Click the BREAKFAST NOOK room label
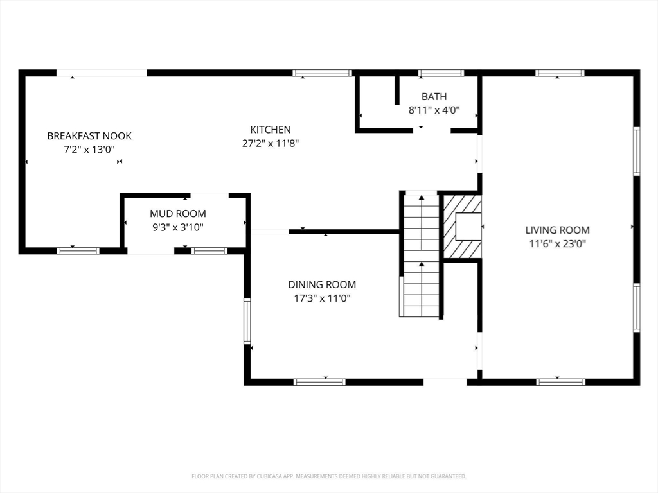[89, 136]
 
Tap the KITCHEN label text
[271, 130]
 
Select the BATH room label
[434, 96]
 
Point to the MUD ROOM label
[178, 213]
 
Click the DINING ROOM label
[322, 284]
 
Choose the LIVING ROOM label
[557, 230]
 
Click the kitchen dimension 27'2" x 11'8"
[271, 143]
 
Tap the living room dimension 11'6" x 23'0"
[557, 243]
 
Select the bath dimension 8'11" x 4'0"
[434, 110]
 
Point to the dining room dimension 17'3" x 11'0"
[322, 298]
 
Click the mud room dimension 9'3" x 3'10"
[178, 227]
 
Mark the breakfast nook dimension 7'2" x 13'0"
[89, 150]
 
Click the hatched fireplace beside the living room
[463, 227]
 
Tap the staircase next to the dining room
[421, 255]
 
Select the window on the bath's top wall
[441, 73]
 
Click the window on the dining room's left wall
[247, 321]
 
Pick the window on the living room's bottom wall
[560, 382]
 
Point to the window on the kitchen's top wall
[323, 73]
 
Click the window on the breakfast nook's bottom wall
[78, 251]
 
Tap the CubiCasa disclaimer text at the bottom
[329, 476]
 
